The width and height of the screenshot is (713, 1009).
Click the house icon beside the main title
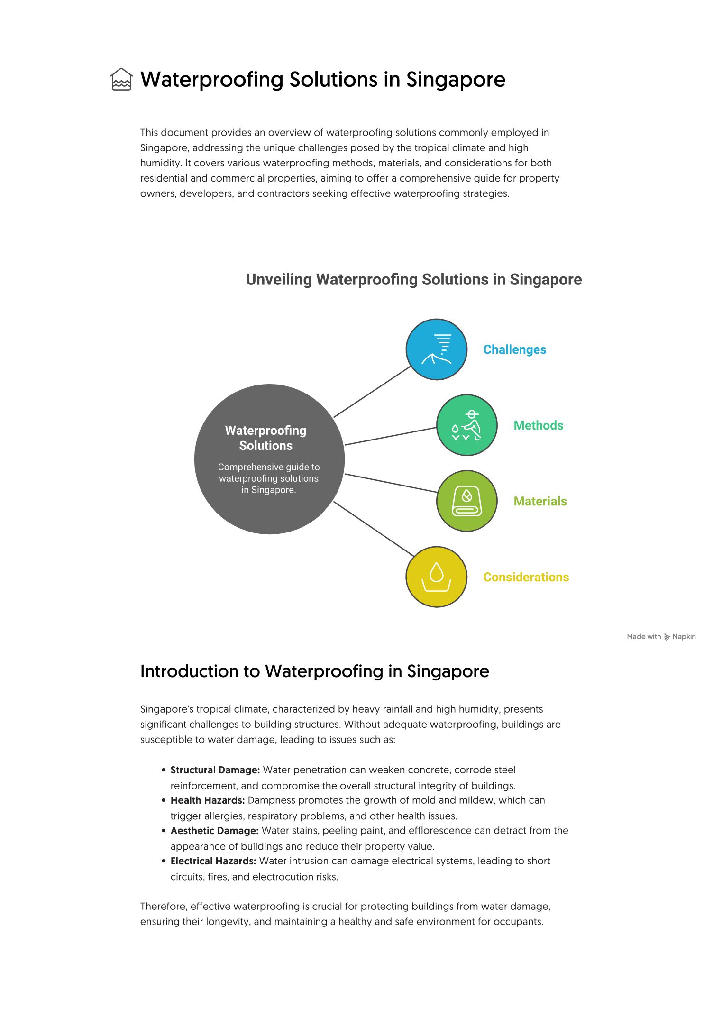click(121, 79)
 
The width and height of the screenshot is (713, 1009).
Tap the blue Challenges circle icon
click(436, 349)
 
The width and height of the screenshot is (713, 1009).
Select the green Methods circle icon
click(466, 425)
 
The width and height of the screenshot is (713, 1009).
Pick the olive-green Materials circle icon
click(466, 501)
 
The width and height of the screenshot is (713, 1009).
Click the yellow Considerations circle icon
click(436, 577)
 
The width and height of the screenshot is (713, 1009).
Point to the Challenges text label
click(514, 349)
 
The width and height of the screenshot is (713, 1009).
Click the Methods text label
click(538, 425)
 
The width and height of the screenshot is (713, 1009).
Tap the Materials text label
click(540, 501)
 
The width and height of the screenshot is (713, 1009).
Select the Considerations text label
click(526, 577)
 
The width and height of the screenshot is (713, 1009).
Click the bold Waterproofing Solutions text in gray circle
click(265, 438)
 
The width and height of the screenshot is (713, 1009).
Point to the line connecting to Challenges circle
click(372, 392)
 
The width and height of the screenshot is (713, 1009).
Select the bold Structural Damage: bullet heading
click(215, 770)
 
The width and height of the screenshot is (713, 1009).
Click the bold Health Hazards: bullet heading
click(208, 800)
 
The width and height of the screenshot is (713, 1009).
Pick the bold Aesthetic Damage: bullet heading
click(214, 831)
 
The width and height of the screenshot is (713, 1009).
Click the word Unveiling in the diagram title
click(279, 280)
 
